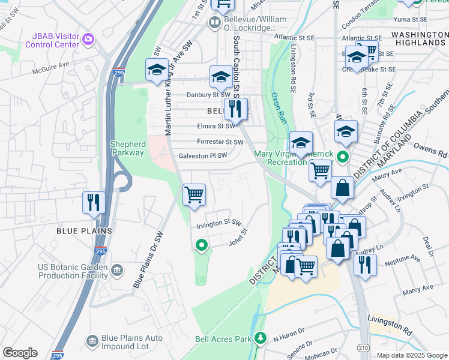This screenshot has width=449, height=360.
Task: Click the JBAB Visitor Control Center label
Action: coord(52,40)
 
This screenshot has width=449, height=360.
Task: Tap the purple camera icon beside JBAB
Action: coord(89,40)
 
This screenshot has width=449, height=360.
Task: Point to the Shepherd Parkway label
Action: coord(127,148)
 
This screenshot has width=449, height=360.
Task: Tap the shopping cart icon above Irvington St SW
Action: coord(194,194)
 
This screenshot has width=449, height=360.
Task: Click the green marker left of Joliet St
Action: coord(202,244)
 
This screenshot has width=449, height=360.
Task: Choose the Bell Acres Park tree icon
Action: coord(260,338)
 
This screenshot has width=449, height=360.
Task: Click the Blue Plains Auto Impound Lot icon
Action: coord(92,342)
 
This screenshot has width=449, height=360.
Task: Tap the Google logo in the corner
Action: coord(20,353)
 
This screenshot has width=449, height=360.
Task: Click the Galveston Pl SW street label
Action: coord(203,156)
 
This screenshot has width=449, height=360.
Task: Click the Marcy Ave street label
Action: coord(418,289)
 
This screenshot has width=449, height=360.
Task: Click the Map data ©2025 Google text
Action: coord(412,355)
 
